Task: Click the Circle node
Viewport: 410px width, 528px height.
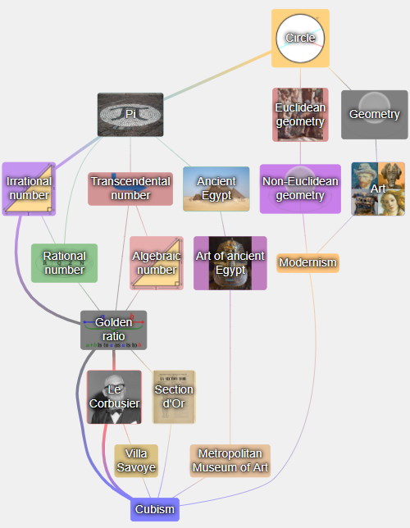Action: point(300,38)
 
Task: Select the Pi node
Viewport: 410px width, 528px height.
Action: point(130,115)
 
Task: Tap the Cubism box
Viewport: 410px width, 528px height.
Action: point(155,509)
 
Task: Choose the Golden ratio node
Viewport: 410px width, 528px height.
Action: point(113,330)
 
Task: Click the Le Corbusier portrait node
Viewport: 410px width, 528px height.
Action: point(114,397)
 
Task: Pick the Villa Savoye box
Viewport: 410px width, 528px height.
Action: point(136,461)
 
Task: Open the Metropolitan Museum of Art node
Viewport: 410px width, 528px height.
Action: point(230,461)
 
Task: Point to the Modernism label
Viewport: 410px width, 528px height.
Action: point(307,262)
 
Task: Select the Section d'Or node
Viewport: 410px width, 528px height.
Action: point(174,397)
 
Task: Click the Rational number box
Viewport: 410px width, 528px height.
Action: point(64,263)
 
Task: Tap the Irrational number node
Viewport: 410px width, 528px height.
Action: point(29,189)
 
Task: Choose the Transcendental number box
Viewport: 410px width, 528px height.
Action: point(130,189)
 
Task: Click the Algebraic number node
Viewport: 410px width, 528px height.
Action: point(157,263)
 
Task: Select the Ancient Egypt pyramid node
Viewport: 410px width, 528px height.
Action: point(216,189)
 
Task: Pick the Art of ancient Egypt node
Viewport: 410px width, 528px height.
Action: point(230,263)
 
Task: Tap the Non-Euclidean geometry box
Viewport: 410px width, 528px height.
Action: point(300,189)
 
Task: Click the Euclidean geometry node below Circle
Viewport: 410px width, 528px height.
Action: point(300,115)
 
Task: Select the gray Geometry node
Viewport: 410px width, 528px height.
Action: point(374,115)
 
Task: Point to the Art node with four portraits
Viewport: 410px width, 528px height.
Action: point(378,189)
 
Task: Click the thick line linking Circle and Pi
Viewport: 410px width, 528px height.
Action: point(217,75)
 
